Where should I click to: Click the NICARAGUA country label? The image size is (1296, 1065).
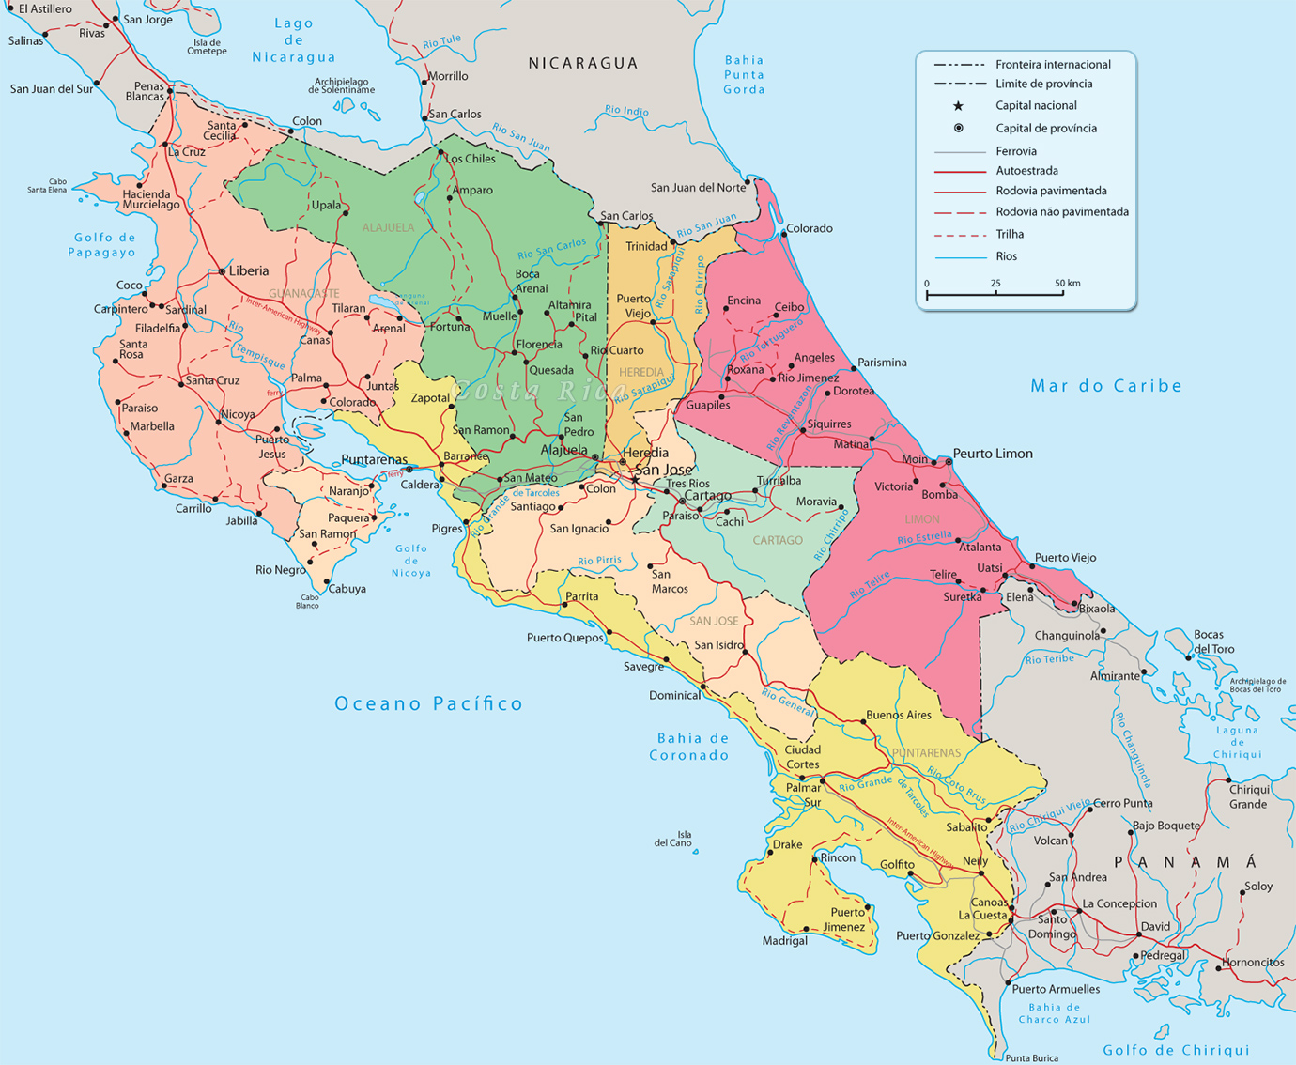tap(583, 63)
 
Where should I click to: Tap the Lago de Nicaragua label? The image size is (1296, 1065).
tap(293, 40)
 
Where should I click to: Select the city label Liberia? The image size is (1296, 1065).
tap(249, 270)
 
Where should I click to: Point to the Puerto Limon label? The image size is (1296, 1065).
tap(993, 454)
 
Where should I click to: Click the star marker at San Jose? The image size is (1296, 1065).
tap(635, 480)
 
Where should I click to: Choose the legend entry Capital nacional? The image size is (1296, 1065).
tap(1036, 106)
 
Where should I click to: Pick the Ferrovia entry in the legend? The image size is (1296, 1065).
tap(1016, 151)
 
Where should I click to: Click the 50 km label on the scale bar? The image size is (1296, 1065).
tap(1067, 283)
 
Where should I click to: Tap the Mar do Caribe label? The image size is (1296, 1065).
tap(1106, 386)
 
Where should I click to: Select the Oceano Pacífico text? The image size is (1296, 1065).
tap(428, 703)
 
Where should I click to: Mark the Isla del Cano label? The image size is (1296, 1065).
tap(673, 839)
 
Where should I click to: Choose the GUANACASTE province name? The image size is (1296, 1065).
tap(304, 294)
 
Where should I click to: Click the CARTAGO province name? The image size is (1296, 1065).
tap(778, 541)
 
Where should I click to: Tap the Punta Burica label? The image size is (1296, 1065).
tap(1031, 1057)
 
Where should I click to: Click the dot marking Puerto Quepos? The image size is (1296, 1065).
tap(609, 632)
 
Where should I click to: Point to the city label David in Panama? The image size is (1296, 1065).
tap(1155, 926)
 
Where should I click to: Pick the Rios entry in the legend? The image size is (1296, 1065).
tap(1006, 256)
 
